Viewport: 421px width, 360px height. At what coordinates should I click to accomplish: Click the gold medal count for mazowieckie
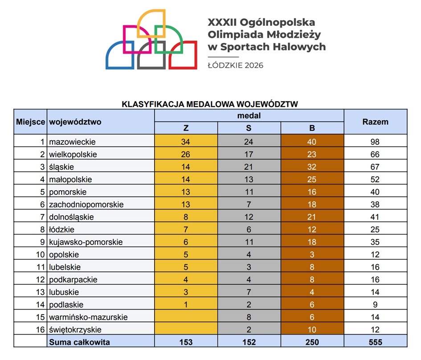tap(185, 142)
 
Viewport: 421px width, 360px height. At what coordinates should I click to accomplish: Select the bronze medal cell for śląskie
tap(312, 167)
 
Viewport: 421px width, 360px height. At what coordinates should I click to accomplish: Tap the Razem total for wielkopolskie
tap(375, 154)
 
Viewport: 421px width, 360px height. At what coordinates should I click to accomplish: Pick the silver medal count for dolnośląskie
tap(249, 217)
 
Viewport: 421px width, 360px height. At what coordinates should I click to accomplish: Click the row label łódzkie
tap(61, 229)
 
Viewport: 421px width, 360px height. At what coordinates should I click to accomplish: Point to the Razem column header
tap(376, 122)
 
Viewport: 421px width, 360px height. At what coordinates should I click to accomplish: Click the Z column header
tap(186, 128)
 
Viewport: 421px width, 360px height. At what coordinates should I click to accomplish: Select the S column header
tap(249, 128)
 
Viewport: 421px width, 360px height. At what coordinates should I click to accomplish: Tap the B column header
tap(312, 128)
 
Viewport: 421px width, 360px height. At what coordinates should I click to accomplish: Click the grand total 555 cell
tap(376, 342)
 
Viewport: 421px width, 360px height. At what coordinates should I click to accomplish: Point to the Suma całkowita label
tap(79, 342)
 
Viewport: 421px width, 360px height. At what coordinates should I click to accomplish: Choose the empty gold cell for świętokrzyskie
tap(186, 329)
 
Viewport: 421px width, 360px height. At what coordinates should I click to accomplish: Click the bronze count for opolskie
tap(312, 254)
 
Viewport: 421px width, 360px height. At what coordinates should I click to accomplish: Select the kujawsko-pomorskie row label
tap(86, 242)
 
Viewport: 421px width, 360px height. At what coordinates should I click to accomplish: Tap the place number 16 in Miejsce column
tap(40, 329)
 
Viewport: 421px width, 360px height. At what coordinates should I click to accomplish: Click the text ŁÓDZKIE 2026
tap(236, 65)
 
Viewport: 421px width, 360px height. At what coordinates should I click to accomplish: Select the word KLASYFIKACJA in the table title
tap(153, 104)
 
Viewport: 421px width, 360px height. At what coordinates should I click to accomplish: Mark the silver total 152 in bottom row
tap(249, 342)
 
